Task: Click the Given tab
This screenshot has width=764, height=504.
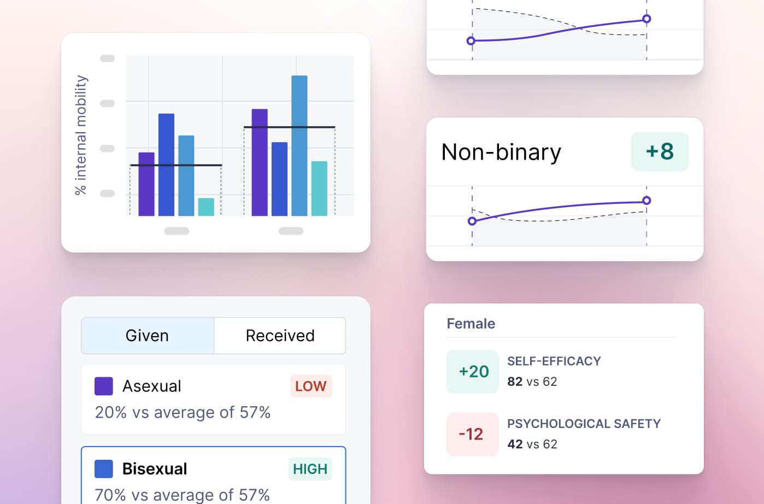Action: (x=147, y=336)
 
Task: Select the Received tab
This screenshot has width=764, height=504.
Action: (x=280, y=336)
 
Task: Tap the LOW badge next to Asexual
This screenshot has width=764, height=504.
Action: (x=310, y=386)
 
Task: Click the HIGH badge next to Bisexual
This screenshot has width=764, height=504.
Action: (x=310, y=469)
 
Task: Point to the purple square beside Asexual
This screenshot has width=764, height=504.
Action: (x=104, y=386)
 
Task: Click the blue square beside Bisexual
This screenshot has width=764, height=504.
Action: (x=104, y=469)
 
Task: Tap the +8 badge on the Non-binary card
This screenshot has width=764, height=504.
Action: (x=660, y=151)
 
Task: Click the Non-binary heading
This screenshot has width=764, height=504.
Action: (x=501, y=152)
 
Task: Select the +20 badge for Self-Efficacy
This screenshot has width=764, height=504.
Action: (x=473, y=372)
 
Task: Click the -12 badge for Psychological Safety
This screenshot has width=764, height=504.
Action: (x=472, y=434)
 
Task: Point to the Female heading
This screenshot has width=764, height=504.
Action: (x=471, y=324)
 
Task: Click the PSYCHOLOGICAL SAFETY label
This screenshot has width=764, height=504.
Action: (x=584, y=424)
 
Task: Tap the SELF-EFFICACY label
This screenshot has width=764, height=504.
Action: (x=554, y=361)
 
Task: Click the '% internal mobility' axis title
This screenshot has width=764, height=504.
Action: (x=81, y=135)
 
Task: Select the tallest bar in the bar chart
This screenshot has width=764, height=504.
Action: (x=299, y=145)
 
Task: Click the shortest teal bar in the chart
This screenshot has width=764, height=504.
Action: (x=206, y=207)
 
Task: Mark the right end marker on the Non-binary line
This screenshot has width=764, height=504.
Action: (x=647, y=201)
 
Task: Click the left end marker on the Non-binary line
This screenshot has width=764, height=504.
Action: (x=472, y=221)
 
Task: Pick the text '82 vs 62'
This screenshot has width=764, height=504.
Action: (x=532, y=382)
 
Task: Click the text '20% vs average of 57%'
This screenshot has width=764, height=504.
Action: (x=183, y=412)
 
